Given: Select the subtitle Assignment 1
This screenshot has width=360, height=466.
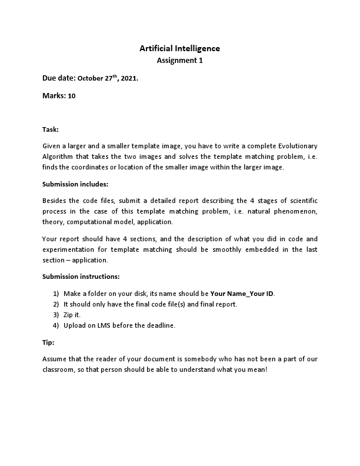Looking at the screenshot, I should tap(179, 60).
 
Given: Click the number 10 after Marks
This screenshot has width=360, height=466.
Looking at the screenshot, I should tap(72, 95).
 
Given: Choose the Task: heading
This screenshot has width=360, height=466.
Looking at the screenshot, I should tap(51, 129).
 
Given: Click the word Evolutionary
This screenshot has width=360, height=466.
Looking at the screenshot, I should tap(294, 145).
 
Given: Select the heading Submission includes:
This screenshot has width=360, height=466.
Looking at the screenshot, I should tap(75, 184).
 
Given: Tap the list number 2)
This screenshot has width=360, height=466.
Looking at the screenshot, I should tap(56, 304).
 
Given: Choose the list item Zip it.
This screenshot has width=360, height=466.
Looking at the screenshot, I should tap(72, 314).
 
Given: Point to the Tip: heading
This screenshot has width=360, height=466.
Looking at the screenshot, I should tap(49, 342).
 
